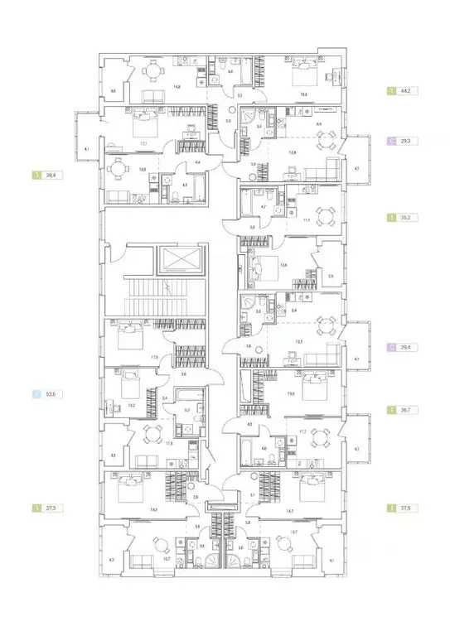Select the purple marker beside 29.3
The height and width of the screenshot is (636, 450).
coord(390,142)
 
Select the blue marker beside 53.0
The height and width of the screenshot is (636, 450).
coord(36,396)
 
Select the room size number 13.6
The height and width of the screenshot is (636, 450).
coord(283,265)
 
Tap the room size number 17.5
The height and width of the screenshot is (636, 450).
coord(154,358)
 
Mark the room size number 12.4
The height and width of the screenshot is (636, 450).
coord(293,152)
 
